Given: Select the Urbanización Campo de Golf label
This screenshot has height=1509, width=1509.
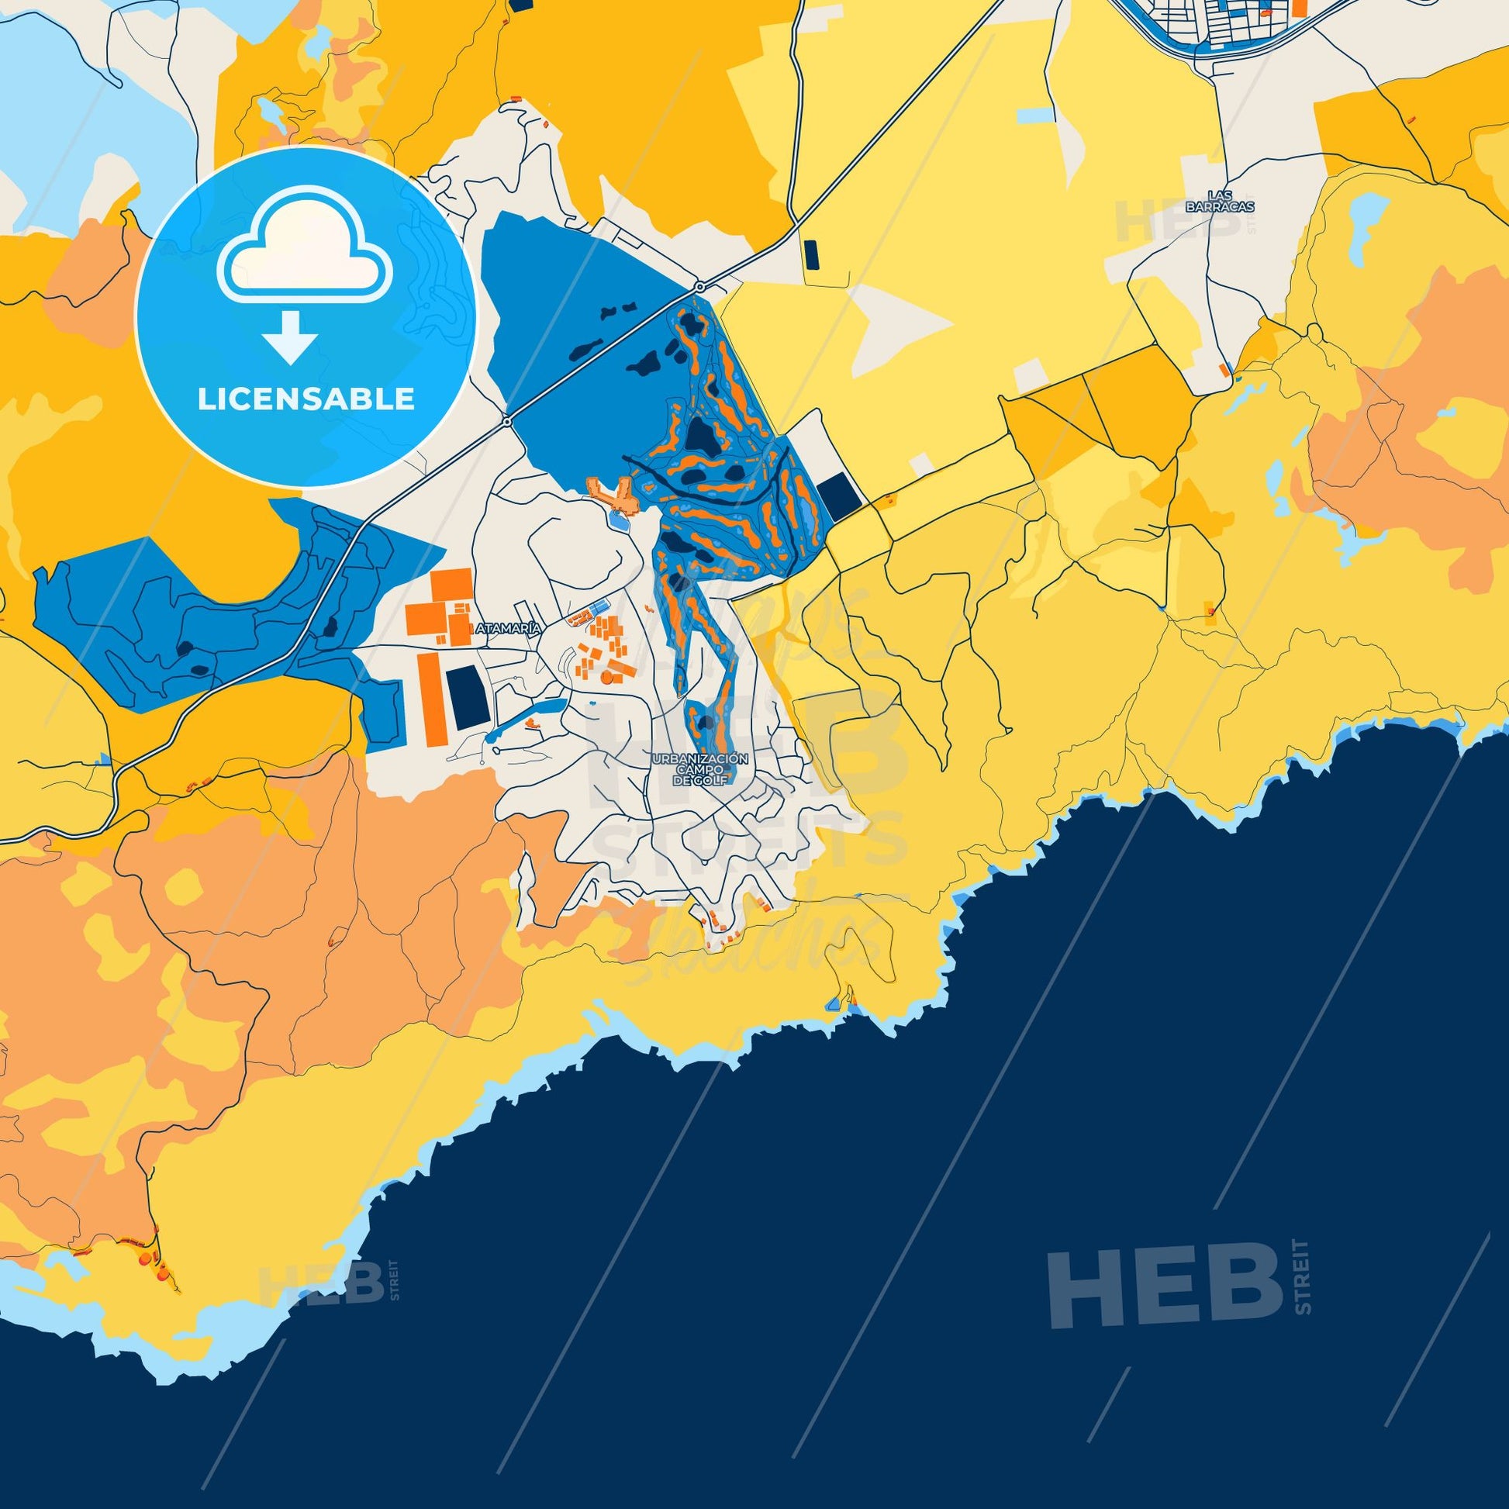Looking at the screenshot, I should (x=701, y=768).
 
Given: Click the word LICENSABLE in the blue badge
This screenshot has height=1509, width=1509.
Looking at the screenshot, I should (x=306, y=399).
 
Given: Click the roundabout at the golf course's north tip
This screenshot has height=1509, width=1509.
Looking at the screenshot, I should (x=701, y=286).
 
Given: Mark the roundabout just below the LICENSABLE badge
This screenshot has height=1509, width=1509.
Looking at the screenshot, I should (x=507, y=422).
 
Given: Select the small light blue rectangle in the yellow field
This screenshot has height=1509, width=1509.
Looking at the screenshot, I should (x=1036, y=116).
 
